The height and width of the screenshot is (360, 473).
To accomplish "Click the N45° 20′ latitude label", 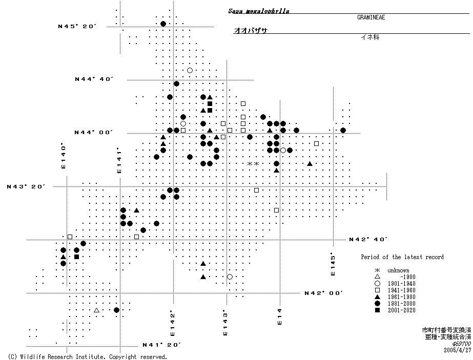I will tap(77, 26).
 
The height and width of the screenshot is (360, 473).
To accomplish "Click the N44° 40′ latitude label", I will tap(93, 79).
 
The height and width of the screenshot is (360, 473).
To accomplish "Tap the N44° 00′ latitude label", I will tap(93, 132).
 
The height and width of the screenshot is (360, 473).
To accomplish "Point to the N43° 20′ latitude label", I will tap(26, 186).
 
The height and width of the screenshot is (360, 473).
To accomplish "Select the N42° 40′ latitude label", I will tap(367, 239).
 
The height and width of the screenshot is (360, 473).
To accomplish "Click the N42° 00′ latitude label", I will tap(323, 293).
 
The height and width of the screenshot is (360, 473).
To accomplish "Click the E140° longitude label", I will tap(64, 156).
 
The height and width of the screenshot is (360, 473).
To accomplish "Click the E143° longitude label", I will tap(225, 323).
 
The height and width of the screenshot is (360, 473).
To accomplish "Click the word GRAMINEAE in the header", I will tap(371, 17).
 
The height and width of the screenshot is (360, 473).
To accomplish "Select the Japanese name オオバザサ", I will tap(251, 31).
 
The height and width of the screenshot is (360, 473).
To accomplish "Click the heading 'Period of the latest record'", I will tap(402, 257).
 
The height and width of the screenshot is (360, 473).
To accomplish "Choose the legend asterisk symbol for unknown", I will tap(377, 270).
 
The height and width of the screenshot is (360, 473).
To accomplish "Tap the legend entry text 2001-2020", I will tap(401, 310).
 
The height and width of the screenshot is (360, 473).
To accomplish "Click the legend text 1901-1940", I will tap(401, 284).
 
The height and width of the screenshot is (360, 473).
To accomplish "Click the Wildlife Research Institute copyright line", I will tap(88, 356).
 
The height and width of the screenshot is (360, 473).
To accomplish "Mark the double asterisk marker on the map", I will tap(253, 163).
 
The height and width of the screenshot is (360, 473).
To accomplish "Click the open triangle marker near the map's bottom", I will tap(96, 310).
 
